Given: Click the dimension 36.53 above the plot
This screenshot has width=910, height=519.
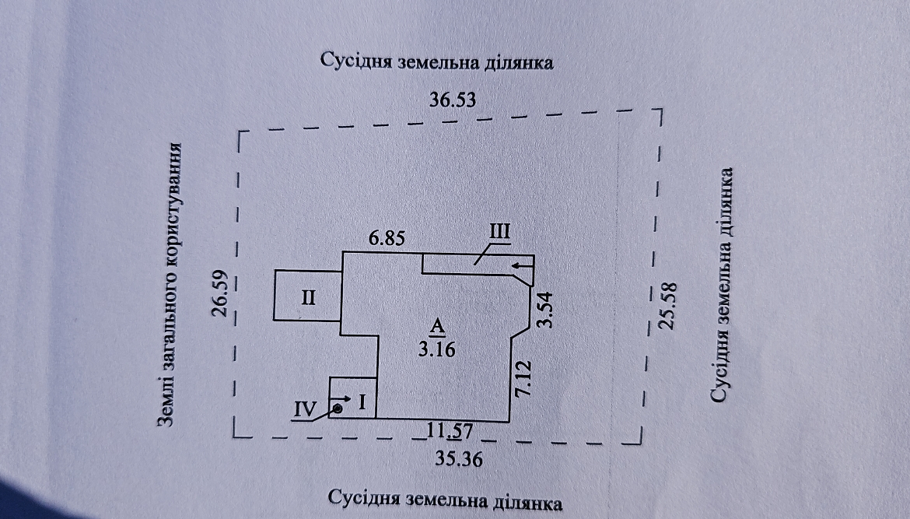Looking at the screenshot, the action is coord(452,100).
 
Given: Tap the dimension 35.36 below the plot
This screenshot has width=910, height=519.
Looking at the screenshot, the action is coord(459,459).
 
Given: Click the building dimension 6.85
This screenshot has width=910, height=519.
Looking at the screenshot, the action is coord(387,237).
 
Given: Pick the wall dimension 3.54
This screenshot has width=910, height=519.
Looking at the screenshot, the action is coord(545,310).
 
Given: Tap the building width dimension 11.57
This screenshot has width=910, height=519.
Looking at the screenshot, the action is coord(450,431).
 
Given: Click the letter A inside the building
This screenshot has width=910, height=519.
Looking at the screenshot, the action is coord(436,326).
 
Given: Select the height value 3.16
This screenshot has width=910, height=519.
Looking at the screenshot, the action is coord(436,349).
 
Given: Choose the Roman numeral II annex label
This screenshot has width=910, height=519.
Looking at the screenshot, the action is coord(308,298).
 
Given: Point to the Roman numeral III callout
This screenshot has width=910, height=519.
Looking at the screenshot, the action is coord(499,232).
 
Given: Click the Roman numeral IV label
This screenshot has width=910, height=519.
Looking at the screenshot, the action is coord(305,409).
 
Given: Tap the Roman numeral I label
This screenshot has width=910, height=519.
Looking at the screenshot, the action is coord(362,402).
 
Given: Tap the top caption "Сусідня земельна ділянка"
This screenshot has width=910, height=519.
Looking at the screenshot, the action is coord(437,61).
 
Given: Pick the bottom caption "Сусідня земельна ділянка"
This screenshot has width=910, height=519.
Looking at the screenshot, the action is coord(445,500).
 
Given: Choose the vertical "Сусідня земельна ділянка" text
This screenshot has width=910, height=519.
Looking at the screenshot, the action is coord(721,285).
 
